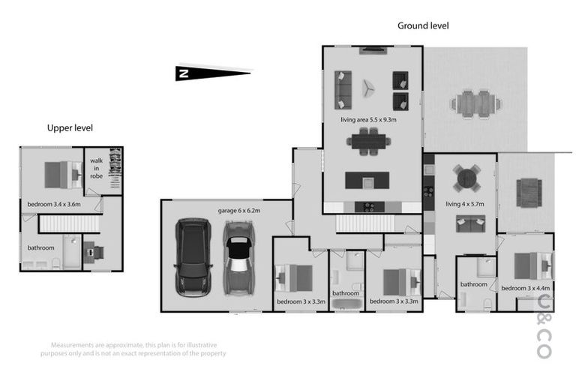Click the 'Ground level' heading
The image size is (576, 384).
pyautogui.click(x=423, y=25)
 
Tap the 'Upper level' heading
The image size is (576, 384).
pyautogui.click(x=70, y=128)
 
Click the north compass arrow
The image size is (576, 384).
pyautogui.click(x=213, y=73)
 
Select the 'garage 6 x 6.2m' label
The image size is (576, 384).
pyautogui.click(x=238, y=211)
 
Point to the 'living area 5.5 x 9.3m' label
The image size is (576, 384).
pyautogui.click(x=368, y=119)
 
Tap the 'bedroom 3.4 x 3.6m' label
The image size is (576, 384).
pyautogui.click(x=54, y=203)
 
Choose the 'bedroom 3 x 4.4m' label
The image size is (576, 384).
pyautogui.click(x=526, y=288)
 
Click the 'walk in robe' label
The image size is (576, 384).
pyautogui.click(x=97, y=169)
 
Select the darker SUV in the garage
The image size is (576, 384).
pyautogui.click(x=193, y=257)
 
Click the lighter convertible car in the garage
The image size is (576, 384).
pyautogui.click(x=238, y=257)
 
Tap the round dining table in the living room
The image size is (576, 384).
pyautogui.click(x=467, y=178)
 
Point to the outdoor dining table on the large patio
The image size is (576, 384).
pyautogui.click(x=474, y=101)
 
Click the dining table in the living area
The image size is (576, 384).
pyautogui.click(x=368, y=141)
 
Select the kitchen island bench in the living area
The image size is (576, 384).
pyautogui.click(x=367, y=181)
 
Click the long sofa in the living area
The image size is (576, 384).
pyautogui.click(x=343, y=88)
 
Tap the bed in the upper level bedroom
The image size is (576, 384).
pyautogui.click(x=63, y=174)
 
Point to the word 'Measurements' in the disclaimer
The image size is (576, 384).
pyautogui.click(x=62, y=346)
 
